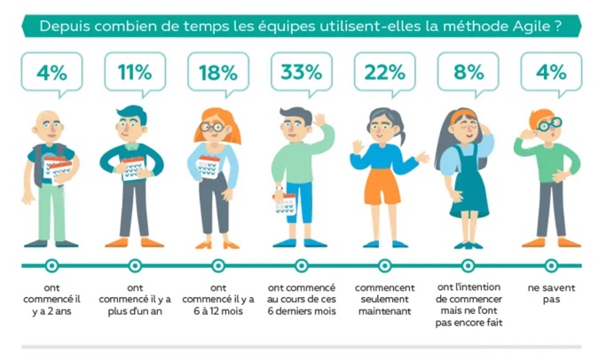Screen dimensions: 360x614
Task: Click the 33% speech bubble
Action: [301, 72]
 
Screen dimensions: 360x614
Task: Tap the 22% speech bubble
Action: [383, 72]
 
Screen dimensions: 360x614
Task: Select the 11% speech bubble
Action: [135, 72]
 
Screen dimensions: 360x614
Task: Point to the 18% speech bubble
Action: [218, 72]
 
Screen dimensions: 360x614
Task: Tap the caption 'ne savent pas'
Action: [550, 294]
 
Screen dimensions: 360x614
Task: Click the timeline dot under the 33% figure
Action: [301, 264]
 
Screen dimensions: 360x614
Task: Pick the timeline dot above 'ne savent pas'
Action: [551, 264]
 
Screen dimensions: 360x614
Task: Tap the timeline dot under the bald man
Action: [51, 264]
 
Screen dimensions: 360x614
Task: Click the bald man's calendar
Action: [58, 168]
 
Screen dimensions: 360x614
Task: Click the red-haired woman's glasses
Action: [212, 127]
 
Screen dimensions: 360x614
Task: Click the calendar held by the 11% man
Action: [134, 168]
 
